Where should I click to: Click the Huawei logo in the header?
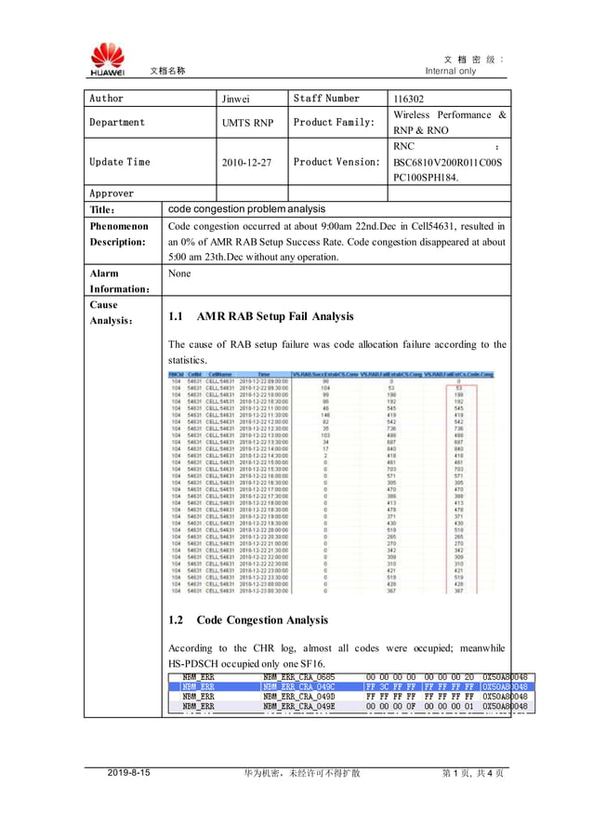tap(107, 59)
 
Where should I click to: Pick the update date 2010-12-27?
tap(246, 162)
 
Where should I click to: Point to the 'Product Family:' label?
tap(334, 123)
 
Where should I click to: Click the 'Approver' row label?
tap(112, 193)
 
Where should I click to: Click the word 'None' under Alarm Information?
tap(179, 274)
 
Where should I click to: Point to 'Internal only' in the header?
tap(451, 71)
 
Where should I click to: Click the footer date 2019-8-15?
tap(131, 773)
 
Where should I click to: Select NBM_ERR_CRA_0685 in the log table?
tap(298, 676)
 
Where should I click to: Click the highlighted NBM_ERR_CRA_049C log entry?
tap(298, 686)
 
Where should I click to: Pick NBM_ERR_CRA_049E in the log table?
tap(298, 707)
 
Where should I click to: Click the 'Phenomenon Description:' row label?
tap(118, 234)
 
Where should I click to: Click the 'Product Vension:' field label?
tap(336, 162)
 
